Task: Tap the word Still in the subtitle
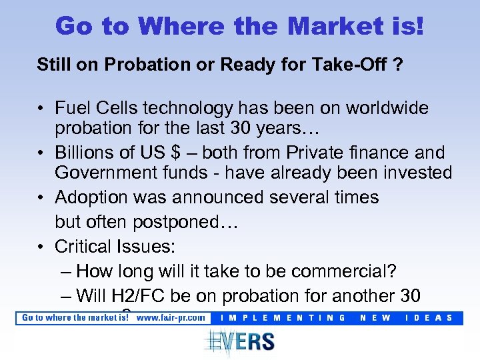point(53,65)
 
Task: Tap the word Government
point(104,173)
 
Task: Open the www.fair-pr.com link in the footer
point(171,317)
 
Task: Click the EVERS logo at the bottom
point(239,341)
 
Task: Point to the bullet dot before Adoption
point(41,198)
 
